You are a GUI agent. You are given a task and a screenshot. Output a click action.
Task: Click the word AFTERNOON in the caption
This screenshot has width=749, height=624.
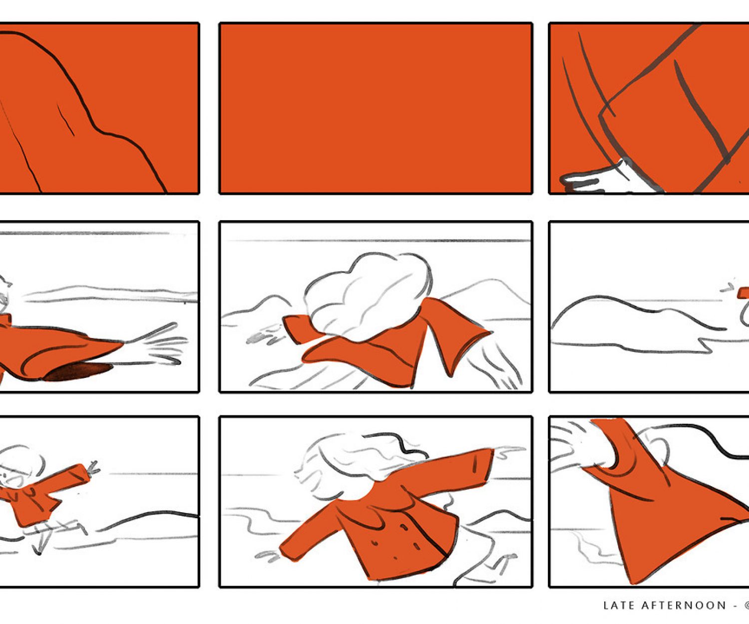684,606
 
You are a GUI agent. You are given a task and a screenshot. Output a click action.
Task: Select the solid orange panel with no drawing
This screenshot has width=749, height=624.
375,108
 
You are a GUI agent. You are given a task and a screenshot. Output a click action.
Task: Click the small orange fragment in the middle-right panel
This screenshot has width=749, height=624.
743,293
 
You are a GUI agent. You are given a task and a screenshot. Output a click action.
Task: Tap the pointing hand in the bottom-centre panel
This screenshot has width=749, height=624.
509,451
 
